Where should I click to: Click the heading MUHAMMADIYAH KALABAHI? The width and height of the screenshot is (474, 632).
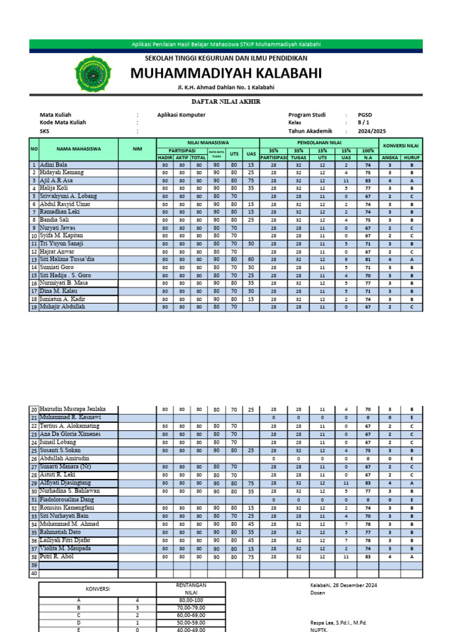pyautogui.click(x=226, y=73)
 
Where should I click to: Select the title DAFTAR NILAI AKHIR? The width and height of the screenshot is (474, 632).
pyautogui.click(x=226, y=101)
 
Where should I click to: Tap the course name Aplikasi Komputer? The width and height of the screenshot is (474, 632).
pyautogui.click(x=181, y=115)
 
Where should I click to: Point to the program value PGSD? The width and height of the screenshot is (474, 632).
pyautogui.click(x=365, y=115)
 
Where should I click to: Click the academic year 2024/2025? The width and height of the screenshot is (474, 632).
pyautogui.click(x=371, y=131)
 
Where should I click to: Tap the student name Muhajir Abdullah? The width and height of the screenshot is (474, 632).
pyautogui.click(x=62, y=306)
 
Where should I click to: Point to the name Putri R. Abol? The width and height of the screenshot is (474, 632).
pyautogui.click(x=59, y=556)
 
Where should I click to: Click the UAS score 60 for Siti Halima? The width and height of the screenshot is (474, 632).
pyautogui.click(x=251, y=260)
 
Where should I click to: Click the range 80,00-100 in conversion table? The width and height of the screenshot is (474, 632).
pyautogui.click(x=190, y=599)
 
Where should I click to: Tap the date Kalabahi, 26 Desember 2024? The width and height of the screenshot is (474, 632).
pyautogui.click(x=343, y=585)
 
